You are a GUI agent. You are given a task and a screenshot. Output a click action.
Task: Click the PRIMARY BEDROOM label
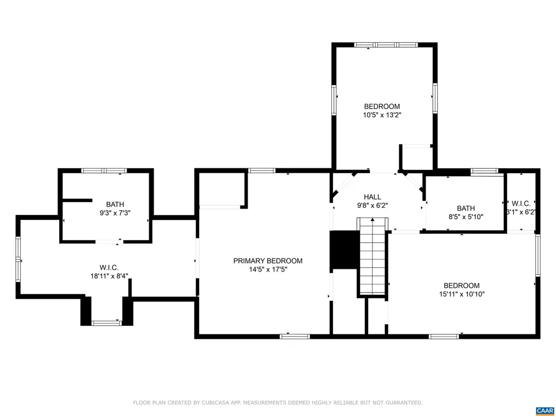tap(268, 261)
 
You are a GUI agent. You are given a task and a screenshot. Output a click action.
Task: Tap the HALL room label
tap(372, 197)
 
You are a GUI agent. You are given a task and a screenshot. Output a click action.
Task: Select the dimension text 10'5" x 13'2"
tap(382, 115)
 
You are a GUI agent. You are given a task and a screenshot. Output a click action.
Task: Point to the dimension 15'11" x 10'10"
tap(461, 294)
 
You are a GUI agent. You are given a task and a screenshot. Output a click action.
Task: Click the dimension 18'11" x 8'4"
tap(109, 276)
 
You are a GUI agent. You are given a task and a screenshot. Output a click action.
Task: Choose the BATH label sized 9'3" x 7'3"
tap(115, 204)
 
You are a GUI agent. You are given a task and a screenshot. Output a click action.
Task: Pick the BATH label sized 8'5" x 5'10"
tap(465, 208)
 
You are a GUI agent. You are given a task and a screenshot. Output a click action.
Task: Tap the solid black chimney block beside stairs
tap(343, 250)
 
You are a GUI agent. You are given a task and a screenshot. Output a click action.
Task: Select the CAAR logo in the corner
tap(544, 410)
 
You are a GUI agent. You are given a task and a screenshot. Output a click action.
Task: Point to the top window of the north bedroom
tap(385, 45)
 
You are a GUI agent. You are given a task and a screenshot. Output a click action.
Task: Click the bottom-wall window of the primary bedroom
tap(295, 337)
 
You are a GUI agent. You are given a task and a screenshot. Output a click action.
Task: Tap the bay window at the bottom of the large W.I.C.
tap(106, 323)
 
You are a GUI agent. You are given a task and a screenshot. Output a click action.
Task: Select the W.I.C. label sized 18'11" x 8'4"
tap(109, 267)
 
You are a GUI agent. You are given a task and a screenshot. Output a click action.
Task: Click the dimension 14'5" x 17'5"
tap(268, 269)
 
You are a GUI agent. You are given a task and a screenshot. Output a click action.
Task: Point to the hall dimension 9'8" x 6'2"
tap(372, 205)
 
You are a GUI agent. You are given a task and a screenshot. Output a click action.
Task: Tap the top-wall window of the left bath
tap(104, 170)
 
